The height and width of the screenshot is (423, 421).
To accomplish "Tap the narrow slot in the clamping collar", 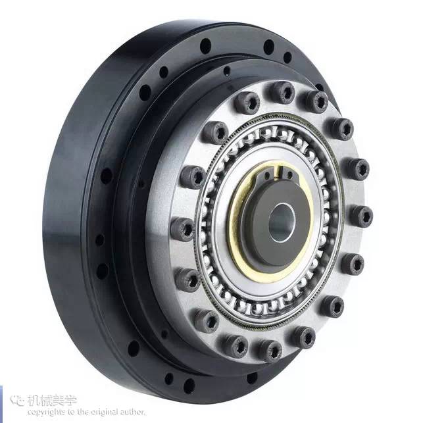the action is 278,172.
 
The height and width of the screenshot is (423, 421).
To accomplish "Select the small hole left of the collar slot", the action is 267,176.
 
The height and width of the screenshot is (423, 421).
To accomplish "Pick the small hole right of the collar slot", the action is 289,175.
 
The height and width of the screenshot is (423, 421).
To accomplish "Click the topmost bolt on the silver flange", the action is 282,92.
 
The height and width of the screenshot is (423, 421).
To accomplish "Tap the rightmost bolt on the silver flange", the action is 361,216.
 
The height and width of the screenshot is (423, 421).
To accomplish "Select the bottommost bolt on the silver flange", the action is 270,351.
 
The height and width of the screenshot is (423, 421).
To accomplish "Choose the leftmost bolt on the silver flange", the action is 182,230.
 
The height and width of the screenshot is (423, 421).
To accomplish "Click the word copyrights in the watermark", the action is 47,412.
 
